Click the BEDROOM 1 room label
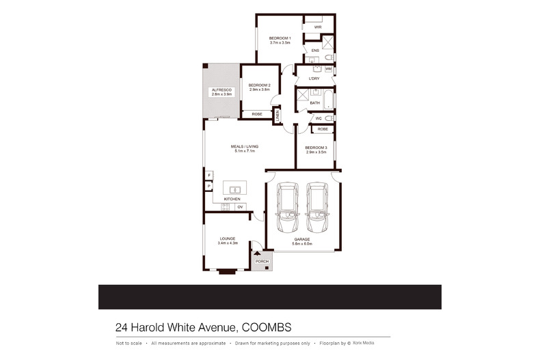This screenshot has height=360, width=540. click(x=280, y=38)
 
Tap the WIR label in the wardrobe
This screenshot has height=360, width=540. click(x=318, y=27)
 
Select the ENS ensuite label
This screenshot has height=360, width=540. click(x=315, y=51)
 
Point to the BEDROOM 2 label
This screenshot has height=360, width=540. click(x=259, y=85)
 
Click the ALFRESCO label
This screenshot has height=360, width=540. click(x=221, y=90)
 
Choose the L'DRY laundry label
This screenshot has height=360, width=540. click(x=314, y=79)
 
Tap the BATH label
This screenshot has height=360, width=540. click(x=315, y=103)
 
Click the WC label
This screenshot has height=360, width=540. click(x=319, y=118)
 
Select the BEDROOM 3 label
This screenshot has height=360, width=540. click(x=316, y=148)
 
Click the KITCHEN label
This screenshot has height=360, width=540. click(x=232, y=199)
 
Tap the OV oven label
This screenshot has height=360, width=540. click(x=240, y=206)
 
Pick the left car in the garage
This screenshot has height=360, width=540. click(x=287, y=208)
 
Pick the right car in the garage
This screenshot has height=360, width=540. click(x=317, y=208)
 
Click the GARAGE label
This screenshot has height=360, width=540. click(x=302, y=239)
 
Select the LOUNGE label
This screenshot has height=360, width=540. click(x=228, y=238)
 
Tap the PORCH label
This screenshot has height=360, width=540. click(x=261, y=262)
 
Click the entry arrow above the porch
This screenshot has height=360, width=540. click(x=258, y=253)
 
